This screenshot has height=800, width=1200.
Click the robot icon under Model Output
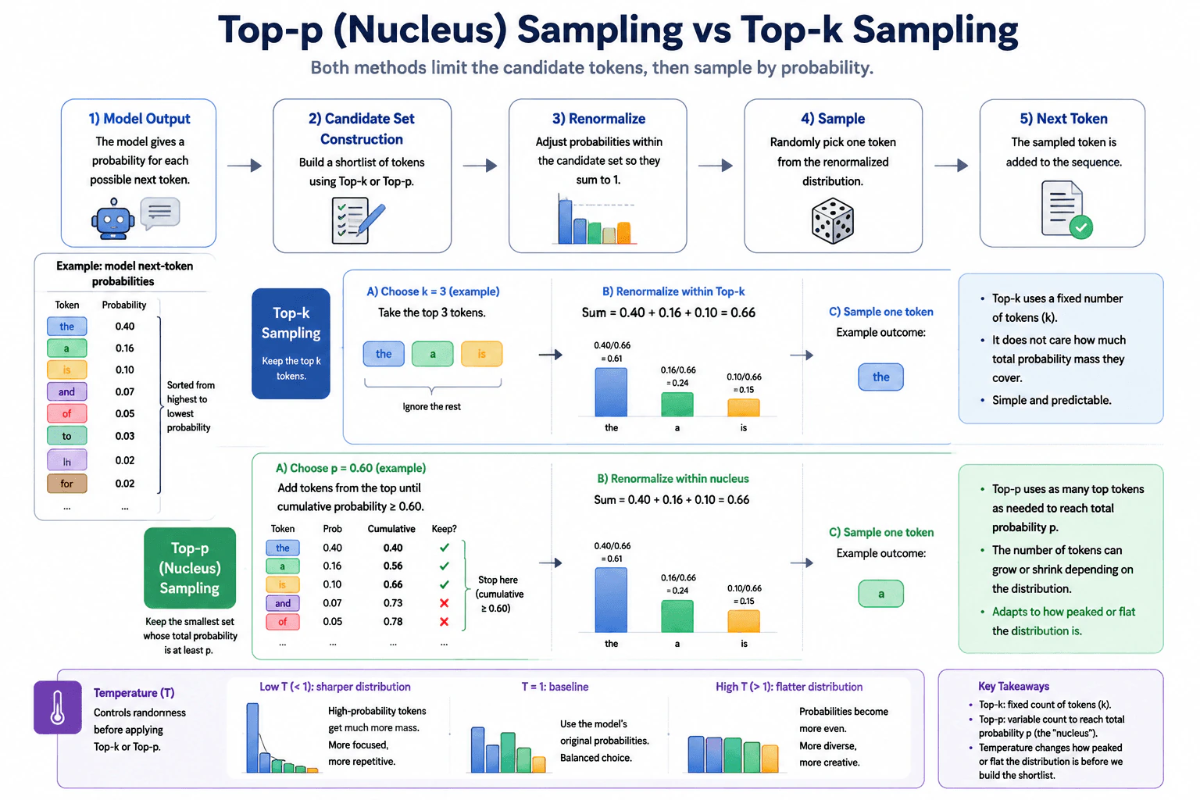coord(113,219)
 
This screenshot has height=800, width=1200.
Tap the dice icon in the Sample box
coord(833,221)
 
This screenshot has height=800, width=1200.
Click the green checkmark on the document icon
coord(1081,227)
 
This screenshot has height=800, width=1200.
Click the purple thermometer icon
coord(57,707)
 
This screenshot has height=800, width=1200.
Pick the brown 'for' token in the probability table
coord(66,484)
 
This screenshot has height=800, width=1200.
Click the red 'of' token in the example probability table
coord(66,413)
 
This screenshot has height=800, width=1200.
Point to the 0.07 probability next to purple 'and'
coord(125,391)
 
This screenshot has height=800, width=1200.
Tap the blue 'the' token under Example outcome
coord(880,377)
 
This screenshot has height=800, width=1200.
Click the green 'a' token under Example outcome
coord(880,594)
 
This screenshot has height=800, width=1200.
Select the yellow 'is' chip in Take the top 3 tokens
coord(481,354)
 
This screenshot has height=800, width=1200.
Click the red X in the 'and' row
coord(444,603)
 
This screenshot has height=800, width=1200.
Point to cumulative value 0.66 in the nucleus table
coord(393,584)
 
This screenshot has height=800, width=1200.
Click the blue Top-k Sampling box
coord(291,344)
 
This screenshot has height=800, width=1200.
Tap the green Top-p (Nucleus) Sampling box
coord(190,568)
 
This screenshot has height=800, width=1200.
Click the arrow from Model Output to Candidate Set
coord(245,166)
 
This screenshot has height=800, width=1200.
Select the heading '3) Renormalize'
coord(598,119)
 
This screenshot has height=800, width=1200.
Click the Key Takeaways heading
coord(1013,687)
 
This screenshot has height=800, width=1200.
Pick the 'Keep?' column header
coord(444,529)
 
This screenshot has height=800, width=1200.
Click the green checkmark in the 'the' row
coord(444,548)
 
